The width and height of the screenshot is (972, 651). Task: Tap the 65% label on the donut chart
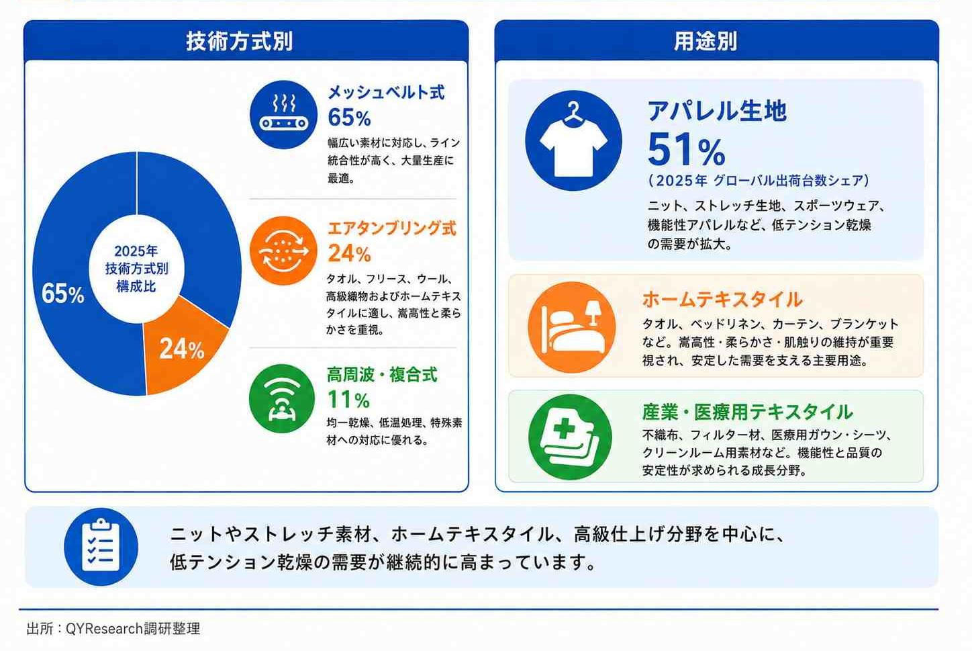point(63,294)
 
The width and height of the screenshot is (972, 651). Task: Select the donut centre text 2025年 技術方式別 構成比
point(136,269)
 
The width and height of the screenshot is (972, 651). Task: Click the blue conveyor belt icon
point(283,115)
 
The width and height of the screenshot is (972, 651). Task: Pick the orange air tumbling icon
point(283,251)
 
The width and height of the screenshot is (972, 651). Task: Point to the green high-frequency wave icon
point(282,398)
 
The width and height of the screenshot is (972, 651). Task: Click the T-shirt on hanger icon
point(573,140)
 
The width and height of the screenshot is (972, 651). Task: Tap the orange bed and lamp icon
point(572,327)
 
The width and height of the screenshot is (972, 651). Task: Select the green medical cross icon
point(570,437)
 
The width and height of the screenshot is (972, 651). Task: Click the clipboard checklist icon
point(101,547)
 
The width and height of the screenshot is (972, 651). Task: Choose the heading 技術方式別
point(240,42)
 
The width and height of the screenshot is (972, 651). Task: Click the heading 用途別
point(706,42)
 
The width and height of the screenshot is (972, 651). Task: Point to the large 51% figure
point(687,150)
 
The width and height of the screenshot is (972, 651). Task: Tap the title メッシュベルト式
point(386,93)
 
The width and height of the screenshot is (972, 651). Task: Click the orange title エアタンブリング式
point(392,228)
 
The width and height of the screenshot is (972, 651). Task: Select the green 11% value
point(348,400)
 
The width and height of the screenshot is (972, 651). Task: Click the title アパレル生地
point(717,110)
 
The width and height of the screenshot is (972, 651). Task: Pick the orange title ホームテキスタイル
point(722,300)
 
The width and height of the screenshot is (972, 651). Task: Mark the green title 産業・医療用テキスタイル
point(747,412)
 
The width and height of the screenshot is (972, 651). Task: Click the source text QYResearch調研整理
point(133,628)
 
